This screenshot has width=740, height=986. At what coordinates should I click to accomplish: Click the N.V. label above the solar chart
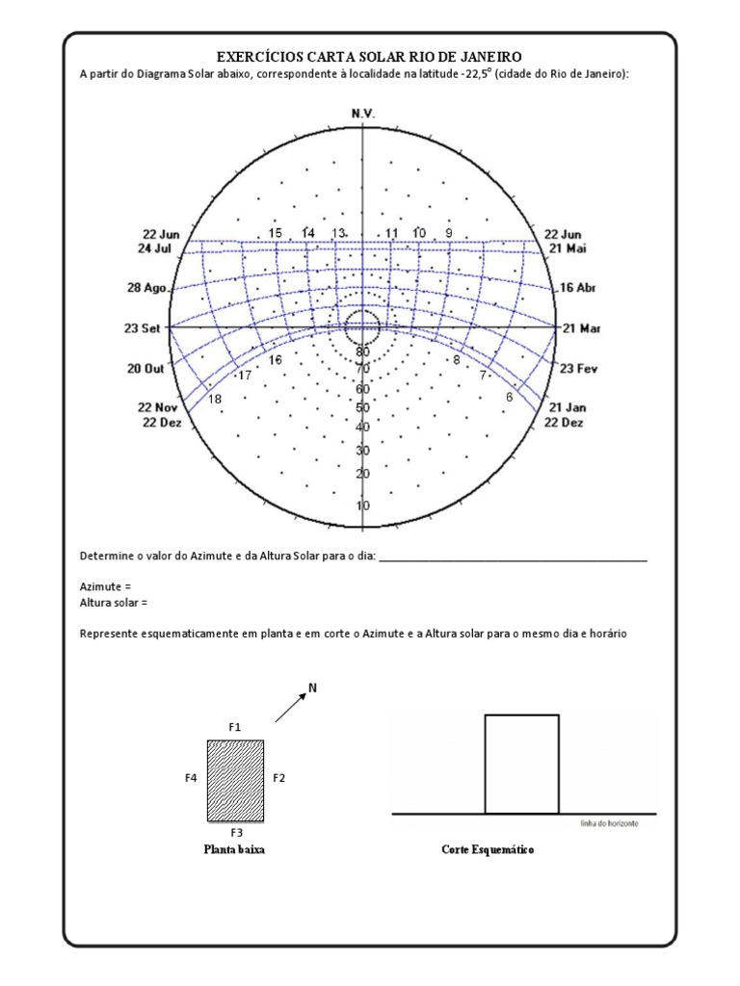click(x=363, y=114)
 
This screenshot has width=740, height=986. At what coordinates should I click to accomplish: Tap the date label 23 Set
click(x=142, y=327)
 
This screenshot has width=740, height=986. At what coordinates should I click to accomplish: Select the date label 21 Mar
click(x=581, y=327)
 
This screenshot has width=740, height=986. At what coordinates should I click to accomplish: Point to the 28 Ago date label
click(x=146, y=288)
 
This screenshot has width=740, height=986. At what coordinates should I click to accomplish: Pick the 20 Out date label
click(x=145, y=368)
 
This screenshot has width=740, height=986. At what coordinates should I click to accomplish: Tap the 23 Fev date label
click(x=580, y=368)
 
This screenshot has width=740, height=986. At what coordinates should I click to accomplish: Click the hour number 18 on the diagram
click(x=214, y=399)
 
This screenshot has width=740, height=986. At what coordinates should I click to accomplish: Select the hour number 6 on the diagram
click(x=509, y=397)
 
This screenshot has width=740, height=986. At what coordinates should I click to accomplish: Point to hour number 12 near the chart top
click(x=363, y=233)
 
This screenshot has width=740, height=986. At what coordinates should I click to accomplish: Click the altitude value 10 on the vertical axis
click(x=362, y=506)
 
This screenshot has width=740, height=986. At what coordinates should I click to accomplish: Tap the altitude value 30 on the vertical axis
click(x=362, y=451)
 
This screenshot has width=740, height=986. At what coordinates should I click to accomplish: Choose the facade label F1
click(x=235, y=726)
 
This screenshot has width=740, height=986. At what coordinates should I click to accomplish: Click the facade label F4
click(x=191, y=775)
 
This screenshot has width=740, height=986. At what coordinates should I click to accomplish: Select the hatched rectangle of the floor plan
click(x=236, y=780)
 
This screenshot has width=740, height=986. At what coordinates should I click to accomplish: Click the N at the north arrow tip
click(x=312, y=688)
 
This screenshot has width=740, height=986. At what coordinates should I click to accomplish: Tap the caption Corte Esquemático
click(x=488, y=850)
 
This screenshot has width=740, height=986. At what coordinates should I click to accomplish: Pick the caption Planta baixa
click(x=233, y=850)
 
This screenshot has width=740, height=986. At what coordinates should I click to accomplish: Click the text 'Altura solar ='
click(x=115, y=603)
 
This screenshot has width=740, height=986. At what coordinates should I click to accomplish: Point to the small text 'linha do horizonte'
click(x=610, y=824)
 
